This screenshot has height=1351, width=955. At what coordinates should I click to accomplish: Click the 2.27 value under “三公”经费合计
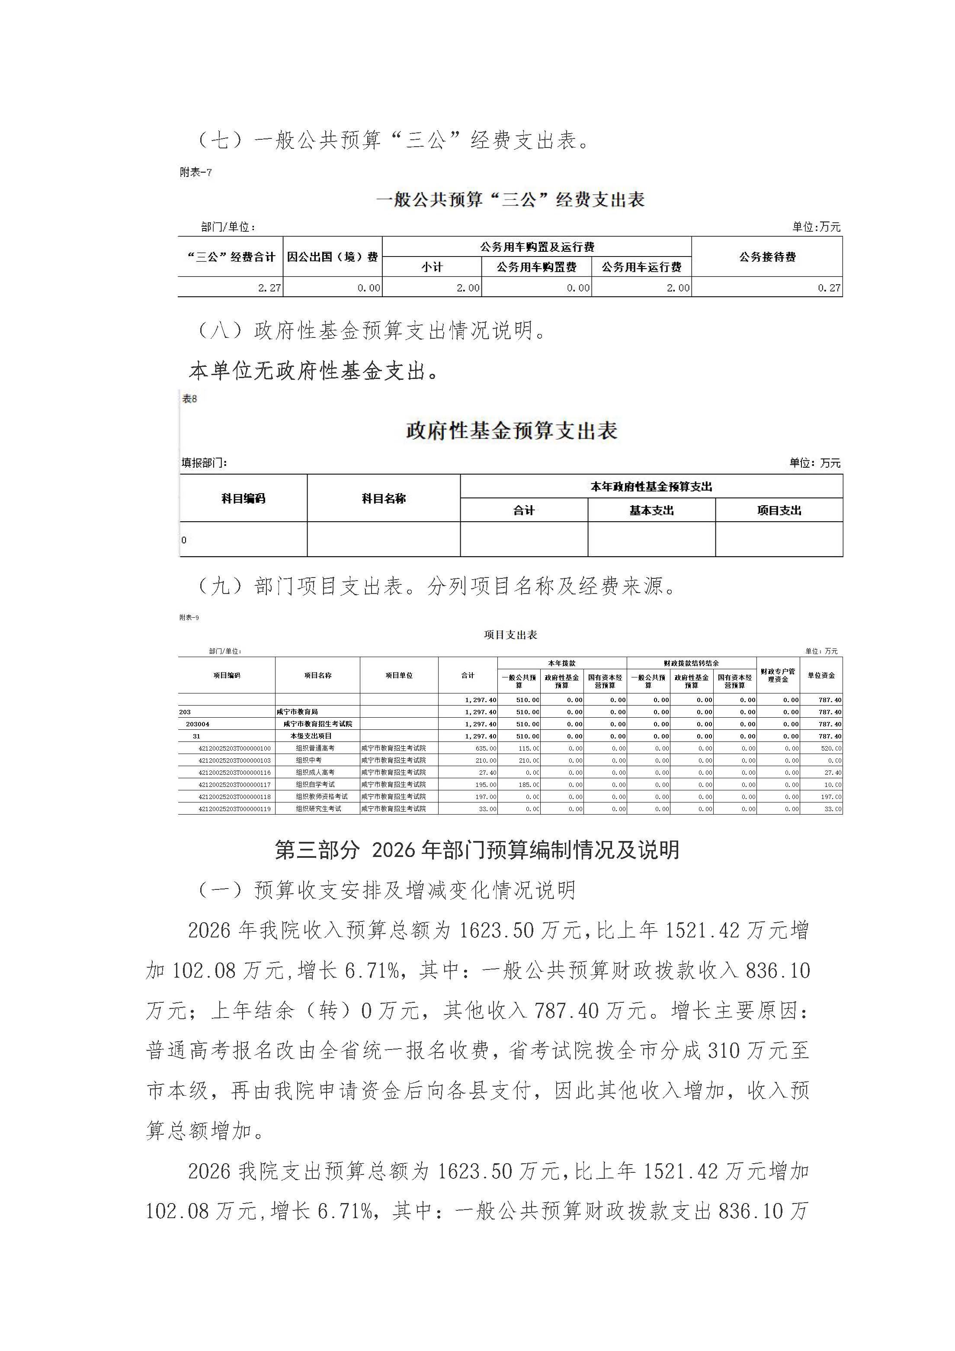pyautogui.click(x=269, y=288)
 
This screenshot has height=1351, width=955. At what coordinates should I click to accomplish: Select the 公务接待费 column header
pyautogui.click(x=767, y=257)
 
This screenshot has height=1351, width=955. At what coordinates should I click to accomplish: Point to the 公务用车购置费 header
pyautogui.click(x=536, y=267)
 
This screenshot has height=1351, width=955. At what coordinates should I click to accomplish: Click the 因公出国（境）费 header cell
pyautogui.click(x=333, y=257)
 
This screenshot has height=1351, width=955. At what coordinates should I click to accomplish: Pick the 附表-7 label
pyautogui.click(x=195, y=173)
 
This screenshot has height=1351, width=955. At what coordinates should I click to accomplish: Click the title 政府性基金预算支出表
pyautogui.click(x=511, y=431)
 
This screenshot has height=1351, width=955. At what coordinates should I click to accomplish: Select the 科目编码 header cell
pyautogui.click(x=243, y=498)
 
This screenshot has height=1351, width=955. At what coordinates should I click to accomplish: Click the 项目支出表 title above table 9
pyautogui.click(x=510, y=635)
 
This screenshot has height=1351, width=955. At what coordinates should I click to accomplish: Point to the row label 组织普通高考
pyautogui.click(x=315, y=748)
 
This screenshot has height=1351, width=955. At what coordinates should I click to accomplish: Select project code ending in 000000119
pyautogui.click(x=234, y=809)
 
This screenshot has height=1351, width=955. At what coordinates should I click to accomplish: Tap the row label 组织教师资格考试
pyautogui.click(x=321, y=797)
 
